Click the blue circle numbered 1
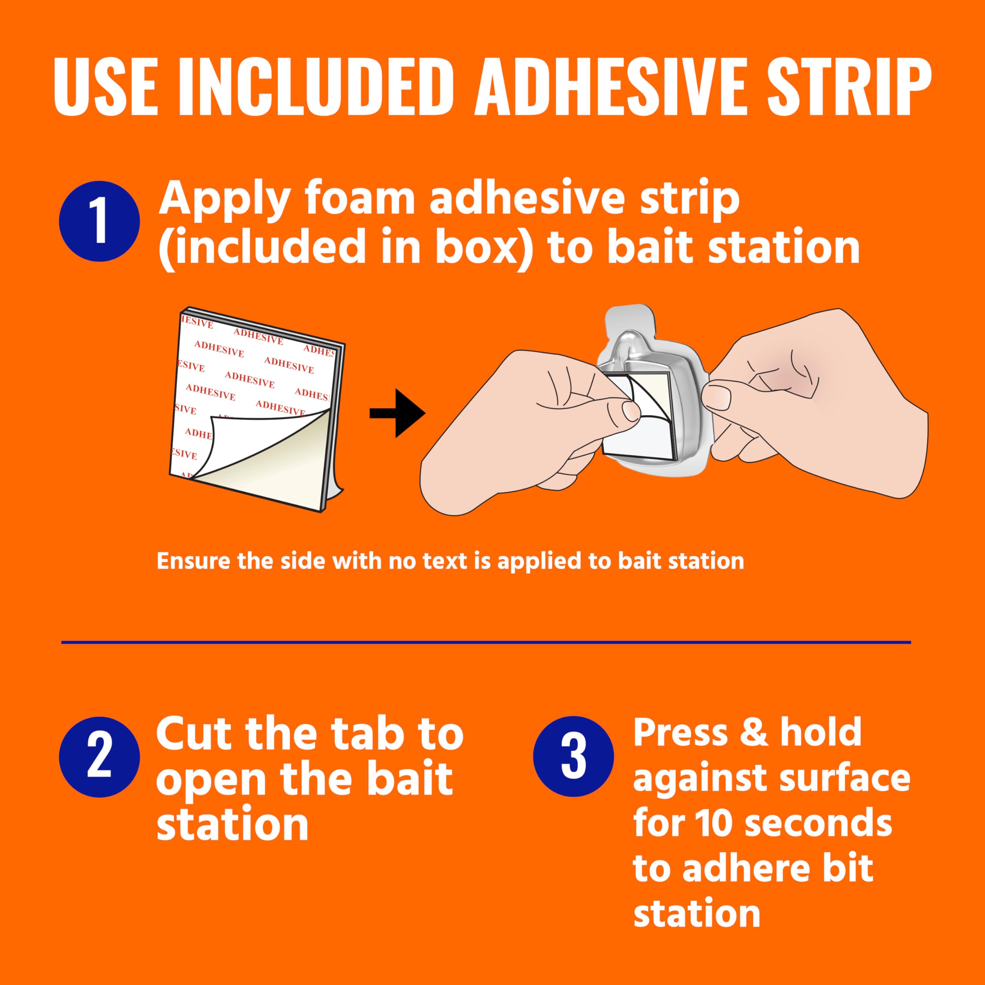(x=99, y=222)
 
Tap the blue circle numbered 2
(x=99, y=757)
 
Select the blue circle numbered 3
(x=574, y=757)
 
